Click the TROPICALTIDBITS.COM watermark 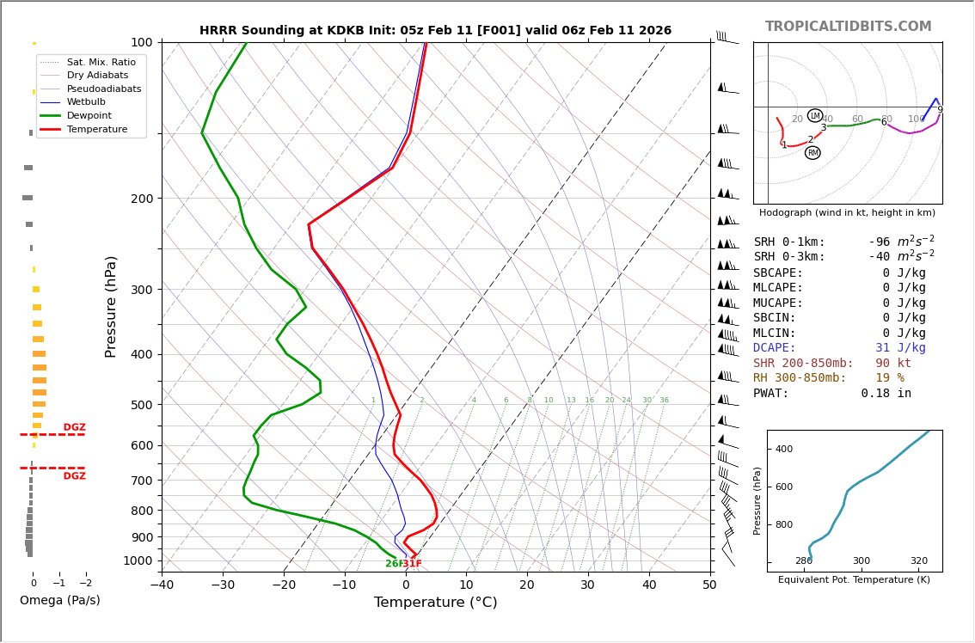848,27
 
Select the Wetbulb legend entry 86,101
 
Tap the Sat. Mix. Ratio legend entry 101,62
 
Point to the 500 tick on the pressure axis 142,405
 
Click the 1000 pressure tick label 138,560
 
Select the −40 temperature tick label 162,585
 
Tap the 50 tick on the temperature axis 709,585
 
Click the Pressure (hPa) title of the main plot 111,306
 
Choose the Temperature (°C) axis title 435,603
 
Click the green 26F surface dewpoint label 393,564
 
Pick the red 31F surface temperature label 413,564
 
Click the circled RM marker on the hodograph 812,153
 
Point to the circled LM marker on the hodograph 815,115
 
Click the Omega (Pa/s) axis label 59,600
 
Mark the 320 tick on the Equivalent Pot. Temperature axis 919,560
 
